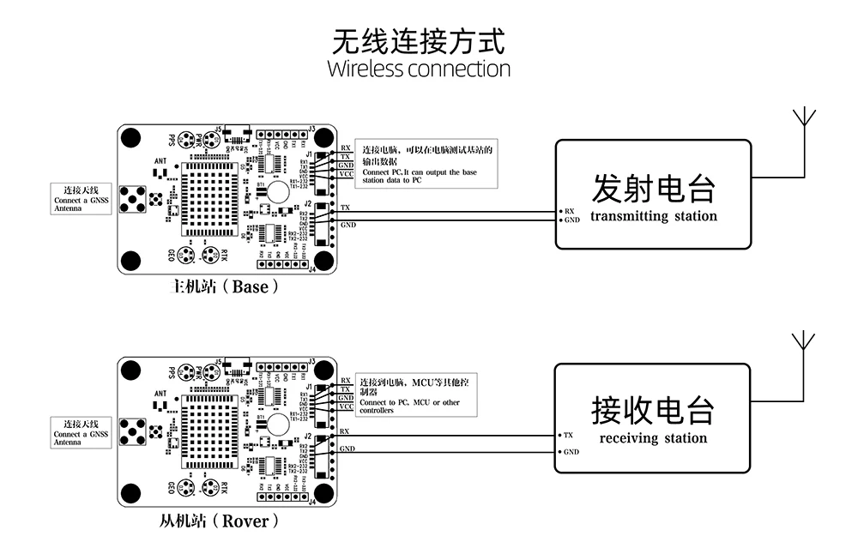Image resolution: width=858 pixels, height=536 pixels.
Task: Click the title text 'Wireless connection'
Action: click(x=419, y=69)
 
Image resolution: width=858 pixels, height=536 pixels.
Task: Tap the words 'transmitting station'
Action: click(x=653, y=216)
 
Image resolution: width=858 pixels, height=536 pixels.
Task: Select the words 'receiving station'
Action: click(x=653, y=438)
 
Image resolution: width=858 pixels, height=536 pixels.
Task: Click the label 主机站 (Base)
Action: click(x=227, y=286)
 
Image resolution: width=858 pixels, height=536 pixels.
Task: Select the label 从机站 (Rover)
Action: click(x=219, y=520)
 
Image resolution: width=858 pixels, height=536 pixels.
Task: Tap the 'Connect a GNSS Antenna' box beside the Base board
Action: click(x=81, y=198)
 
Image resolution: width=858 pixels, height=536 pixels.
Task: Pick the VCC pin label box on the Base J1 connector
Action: click(x=346, y=174)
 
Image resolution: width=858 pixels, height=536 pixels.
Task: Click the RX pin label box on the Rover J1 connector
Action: click(x=346, y=380)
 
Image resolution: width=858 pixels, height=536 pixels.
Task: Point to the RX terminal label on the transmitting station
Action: click(x=568, y=210)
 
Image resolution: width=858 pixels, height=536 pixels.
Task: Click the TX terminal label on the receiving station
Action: click(x=568, y=436)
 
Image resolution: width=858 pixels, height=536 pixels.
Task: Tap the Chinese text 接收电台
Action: click(x=653, y=411)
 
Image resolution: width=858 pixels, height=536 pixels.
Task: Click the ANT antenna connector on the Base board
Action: click(x=134, y=199)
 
